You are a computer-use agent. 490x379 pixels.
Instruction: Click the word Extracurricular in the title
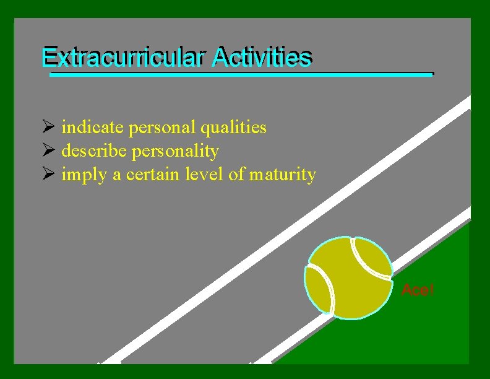pos(123,58)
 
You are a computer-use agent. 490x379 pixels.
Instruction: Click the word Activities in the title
pos(260,58)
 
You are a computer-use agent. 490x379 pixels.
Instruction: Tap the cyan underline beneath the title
pos(241,74)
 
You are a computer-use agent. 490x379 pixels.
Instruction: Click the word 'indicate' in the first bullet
pos(93,128)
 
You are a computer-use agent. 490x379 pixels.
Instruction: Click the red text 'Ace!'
pos(418,289)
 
